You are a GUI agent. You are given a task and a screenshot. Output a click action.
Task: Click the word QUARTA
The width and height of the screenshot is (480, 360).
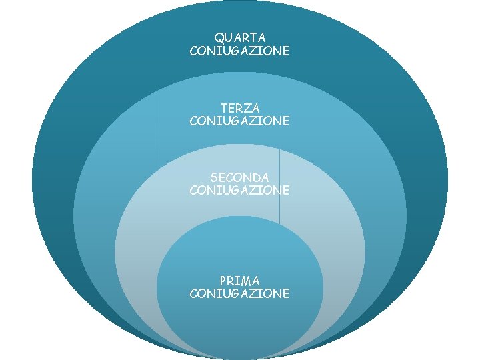tap(239, 37)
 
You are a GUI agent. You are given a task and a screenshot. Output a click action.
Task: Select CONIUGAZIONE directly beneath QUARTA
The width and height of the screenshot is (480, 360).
tap(239, 51)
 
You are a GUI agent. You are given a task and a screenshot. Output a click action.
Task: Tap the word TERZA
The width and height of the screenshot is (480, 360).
tap(239, 107)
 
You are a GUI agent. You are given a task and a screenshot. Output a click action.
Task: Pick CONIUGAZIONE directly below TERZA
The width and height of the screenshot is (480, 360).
tap(239, 121)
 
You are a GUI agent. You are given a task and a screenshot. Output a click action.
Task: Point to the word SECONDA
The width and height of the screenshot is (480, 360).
tap(239, 177)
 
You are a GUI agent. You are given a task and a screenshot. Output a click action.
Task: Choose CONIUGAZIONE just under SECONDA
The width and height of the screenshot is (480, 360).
tap(239, 191)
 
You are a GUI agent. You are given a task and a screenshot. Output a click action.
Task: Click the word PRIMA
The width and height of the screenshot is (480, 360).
tap(239, 280)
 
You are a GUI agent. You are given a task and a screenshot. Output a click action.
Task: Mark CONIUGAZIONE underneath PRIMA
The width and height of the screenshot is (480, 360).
tap(239, 293)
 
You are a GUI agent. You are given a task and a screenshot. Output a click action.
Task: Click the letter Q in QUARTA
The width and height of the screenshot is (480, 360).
tap(219, 37)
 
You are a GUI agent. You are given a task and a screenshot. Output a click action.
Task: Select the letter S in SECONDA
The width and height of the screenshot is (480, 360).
tap(214, 177)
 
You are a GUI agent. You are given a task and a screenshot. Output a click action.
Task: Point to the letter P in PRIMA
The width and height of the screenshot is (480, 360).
tap(223, 280)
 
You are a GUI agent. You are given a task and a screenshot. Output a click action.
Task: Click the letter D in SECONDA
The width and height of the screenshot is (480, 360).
tap(256, 177)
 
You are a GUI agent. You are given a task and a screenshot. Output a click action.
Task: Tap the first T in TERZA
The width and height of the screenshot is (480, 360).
tap(223, 107)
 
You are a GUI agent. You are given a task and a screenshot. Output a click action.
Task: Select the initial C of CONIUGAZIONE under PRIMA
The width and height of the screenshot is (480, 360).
tap(193, 293)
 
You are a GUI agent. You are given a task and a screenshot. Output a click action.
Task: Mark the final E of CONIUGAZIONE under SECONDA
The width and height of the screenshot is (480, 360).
tap(285, 191)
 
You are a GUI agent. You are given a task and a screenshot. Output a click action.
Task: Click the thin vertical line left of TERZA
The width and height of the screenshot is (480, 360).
tap(155, 133)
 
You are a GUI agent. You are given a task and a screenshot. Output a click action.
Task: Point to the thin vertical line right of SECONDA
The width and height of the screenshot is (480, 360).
tap(279, 187)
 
